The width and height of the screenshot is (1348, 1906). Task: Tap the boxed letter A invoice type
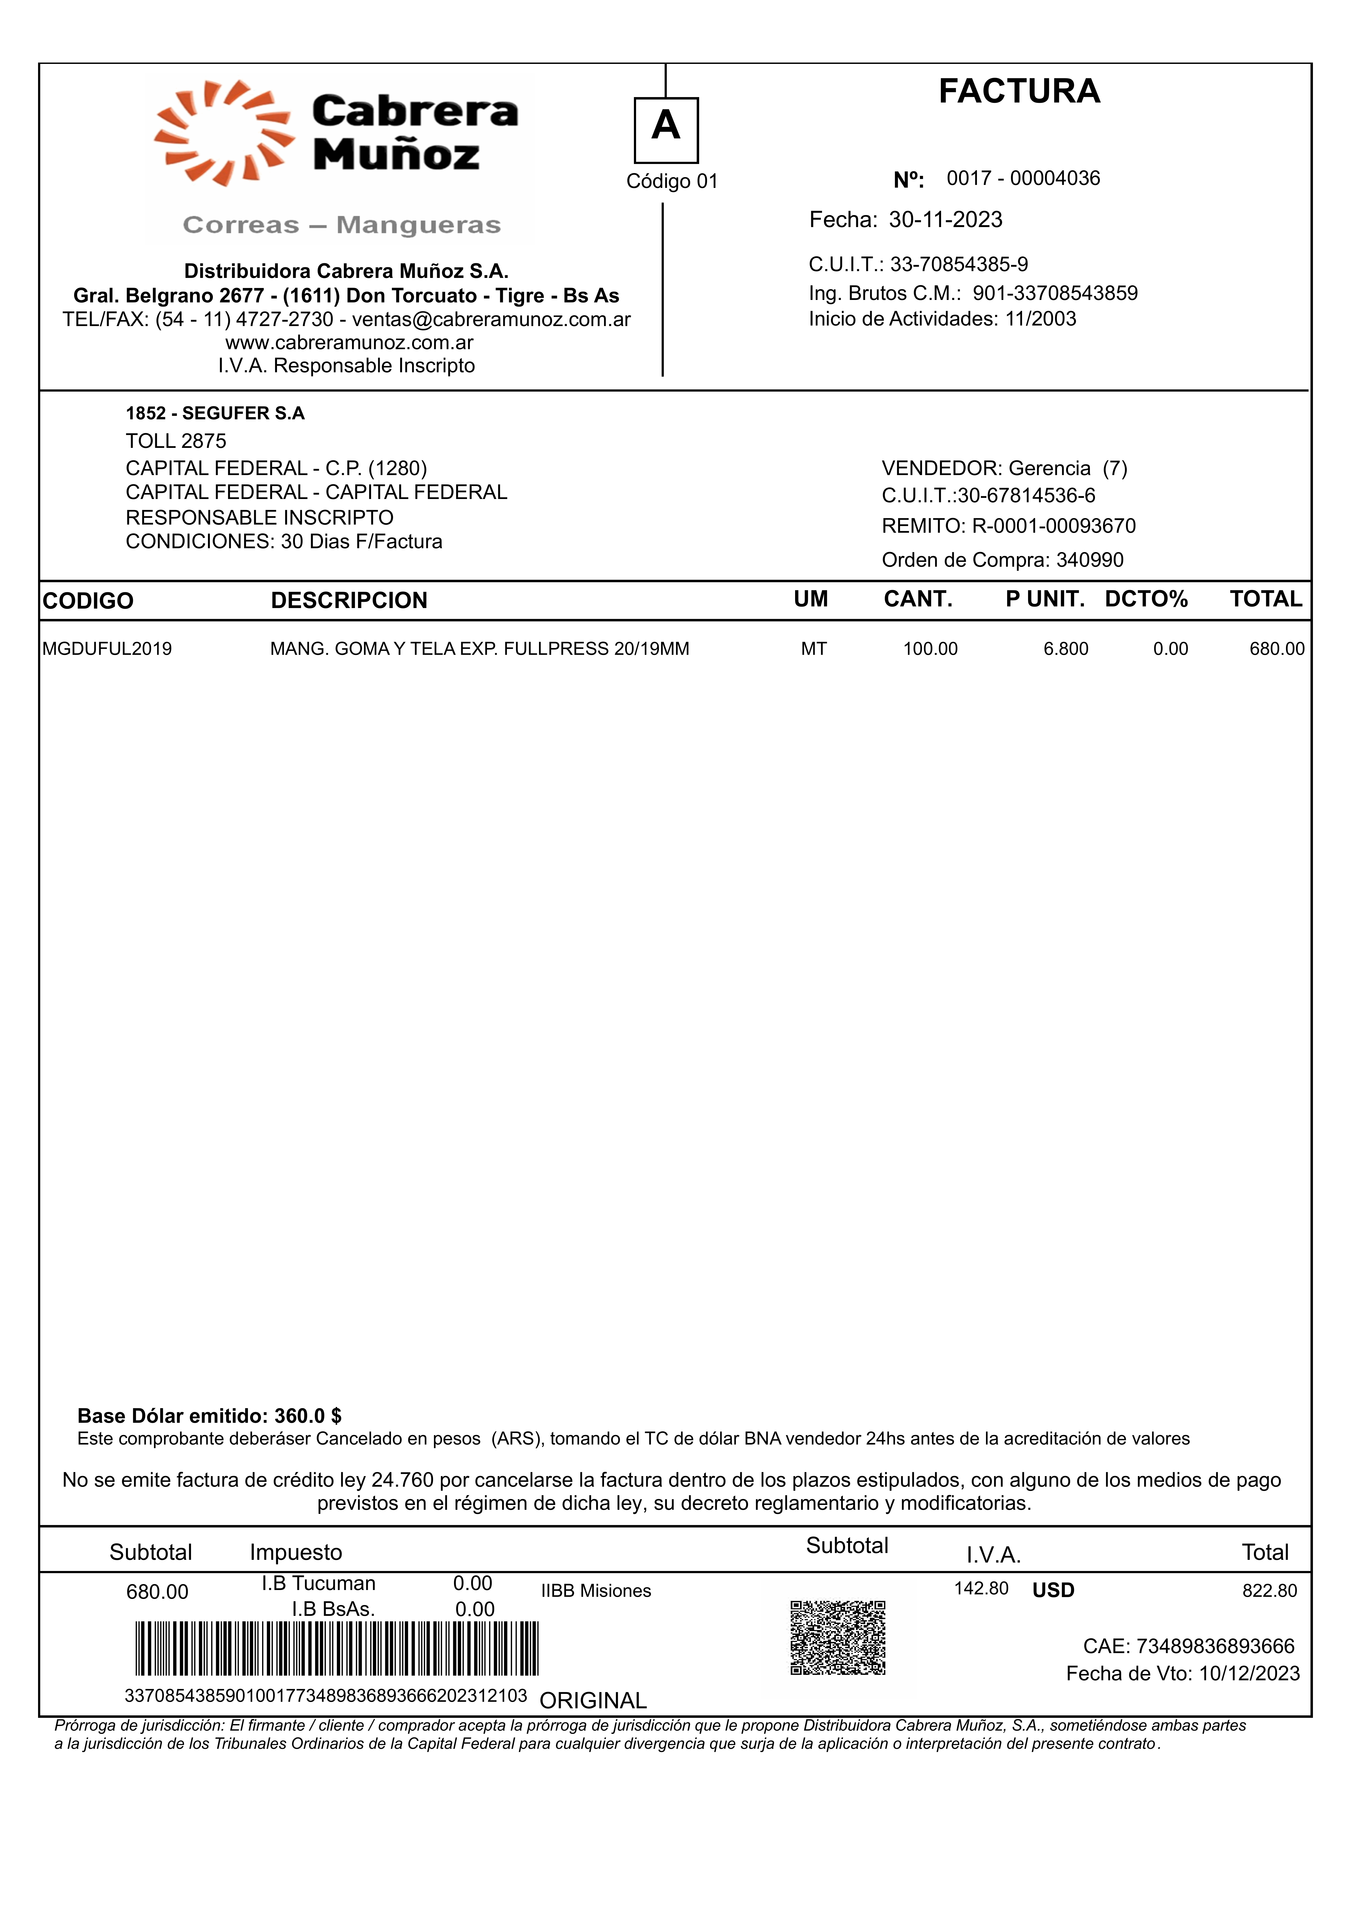[x=666, y=129]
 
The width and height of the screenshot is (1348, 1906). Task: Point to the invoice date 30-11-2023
[x=945, y=220]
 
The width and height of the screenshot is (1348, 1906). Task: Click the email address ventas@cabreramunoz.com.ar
[x=491, y=320]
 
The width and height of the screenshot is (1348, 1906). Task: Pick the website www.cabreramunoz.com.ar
[x=350, y=343]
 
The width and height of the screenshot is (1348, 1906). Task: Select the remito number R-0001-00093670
[x=1053, y=526]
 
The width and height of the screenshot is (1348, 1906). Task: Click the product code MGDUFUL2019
[x=107, y=649]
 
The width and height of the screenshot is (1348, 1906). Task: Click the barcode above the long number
[x=336, y=1648]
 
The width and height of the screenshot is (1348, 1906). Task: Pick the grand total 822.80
[x=1269, y=1591]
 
